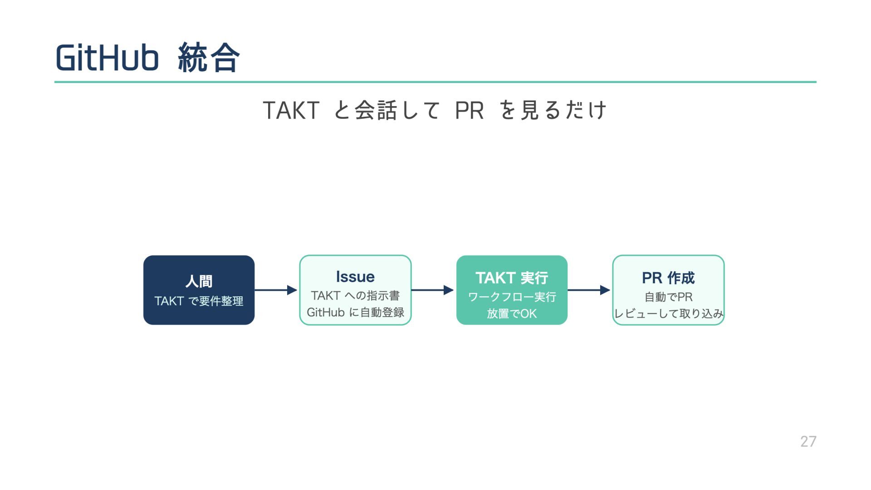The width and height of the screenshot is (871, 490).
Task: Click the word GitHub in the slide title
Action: click(x=107, y=58)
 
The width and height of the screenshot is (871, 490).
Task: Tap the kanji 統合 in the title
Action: click(x=209, y=58)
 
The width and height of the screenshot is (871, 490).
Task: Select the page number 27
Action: click(x=808, y=441)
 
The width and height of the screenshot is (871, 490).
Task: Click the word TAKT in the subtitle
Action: click(x=291, y=110)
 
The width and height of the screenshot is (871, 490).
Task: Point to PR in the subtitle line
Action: click(x=469, y=110)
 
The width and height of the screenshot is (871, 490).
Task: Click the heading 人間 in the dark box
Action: click(x=199, y=281)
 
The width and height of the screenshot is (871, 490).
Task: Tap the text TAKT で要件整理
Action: click(x=199, y=301)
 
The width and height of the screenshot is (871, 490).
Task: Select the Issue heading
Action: click(x=355, y=277)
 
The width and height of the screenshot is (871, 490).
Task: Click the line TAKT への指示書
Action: click(x=355, y=296)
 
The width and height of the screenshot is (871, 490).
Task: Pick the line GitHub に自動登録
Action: click(x=355, y=313)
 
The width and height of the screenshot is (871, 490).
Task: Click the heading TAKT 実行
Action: click(x=512, y=278)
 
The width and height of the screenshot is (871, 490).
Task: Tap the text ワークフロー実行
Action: click(x=512, y=297)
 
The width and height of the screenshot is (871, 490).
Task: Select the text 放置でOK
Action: click(x=512, y=314)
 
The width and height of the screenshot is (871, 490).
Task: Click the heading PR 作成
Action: click(x=668, y=278)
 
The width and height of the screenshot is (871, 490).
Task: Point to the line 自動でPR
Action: click(x=668, y=297)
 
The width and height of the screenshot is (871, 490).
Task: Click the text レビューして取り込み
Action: click(x=668, y=314)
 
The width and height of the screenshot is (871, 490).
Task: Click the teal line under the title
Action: click(x=435, y=82)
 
